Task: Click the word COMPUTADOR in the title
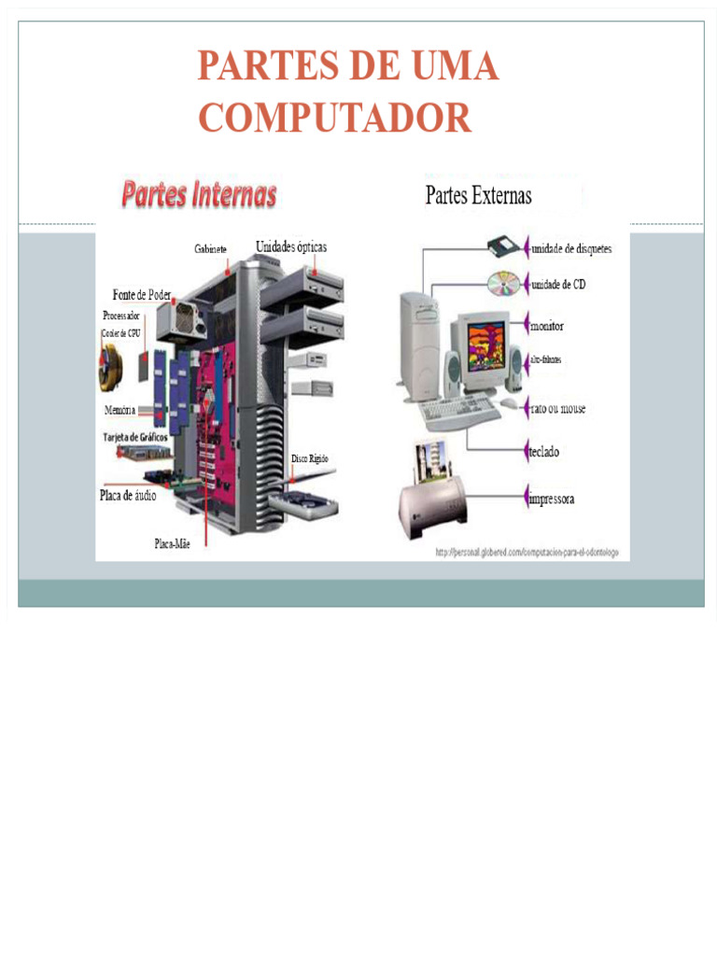(334, 118)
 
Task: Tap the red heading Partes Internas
(199, 194)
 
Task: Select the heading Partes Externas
(478, 195)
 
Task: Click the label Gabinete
(210, 249)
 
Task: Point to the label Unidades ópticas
(291, 246)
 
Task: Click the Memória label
(120, 410)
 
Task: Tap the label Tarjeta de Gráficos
(134, 436)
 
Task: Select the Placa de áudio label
(128, 496)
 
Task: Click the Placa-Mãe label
(173, 543)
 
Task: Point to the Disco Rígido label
(309, 458)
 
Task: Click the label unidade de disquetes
(571, 249)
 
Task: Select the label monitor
(547, 327)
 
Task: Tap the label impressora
(552, 499)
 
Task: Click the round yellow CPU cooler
(110, 366)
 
